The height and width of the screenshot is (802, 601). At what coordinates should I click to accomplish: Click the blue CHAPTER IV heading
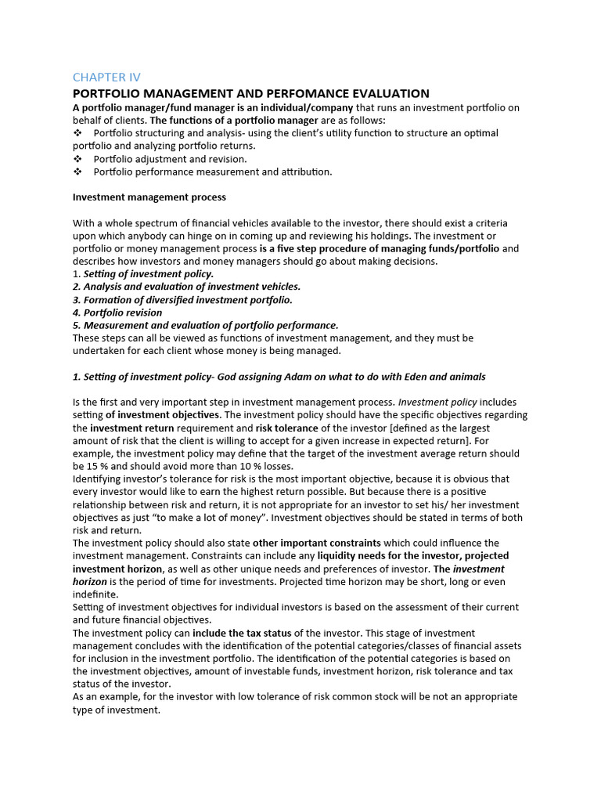click(x=106, y=77)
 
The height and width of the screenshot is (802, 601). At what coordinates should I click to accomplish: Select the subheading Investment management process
click(x=149, y=197)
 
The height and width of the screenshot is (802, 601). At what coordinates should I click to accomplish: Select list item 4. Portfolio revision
click(x=117, y=312)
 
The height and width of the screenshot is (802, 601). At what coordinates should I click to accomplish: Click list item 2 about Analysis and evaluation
click(x=186, y=287)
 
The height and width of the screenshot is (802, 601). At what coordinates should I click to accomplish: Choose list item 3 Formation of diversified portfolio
click(x=182, y=300)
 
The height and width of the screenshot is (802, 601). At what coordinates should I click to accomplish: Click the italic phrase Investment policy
click(x=437, y=403)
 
